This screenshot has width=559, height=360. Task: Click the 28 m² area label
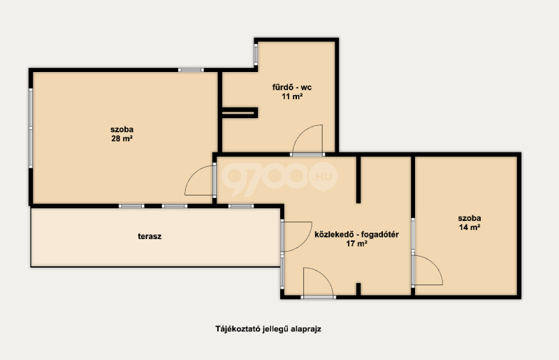tap(122, 139)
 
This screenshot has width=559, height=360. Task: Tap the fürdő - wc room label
tap(292, 87)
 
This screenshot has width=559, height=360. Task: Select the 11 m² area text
tap(292, 96)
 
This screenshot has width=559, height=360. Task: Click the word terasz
tap(150, 236)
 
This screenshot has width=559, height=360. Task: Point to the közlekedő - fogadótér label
tap(356, 234)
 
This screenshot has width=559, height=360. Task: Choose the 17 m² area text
tap(356, 244)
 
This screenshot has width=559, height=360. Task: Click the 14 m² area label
tap(469, 227)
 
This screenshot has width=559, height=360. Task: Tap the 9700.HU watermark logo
tap(279, 178)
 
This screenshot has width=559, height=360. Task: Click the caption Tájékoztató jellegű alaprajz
tap(268, 329)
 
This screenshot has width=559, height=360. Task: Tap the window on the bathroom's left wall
tap(256, 55)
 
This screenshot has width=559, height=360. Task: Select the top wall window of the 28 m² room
tap(191, 70)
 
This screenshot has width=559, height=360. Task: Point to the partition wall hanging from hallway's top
tap(358, 180)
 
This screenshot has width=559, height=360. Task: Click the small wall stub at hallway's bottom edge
tap(358, 289)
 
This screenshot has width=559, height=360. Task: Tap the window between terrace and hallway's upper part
tap(241, 206)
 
